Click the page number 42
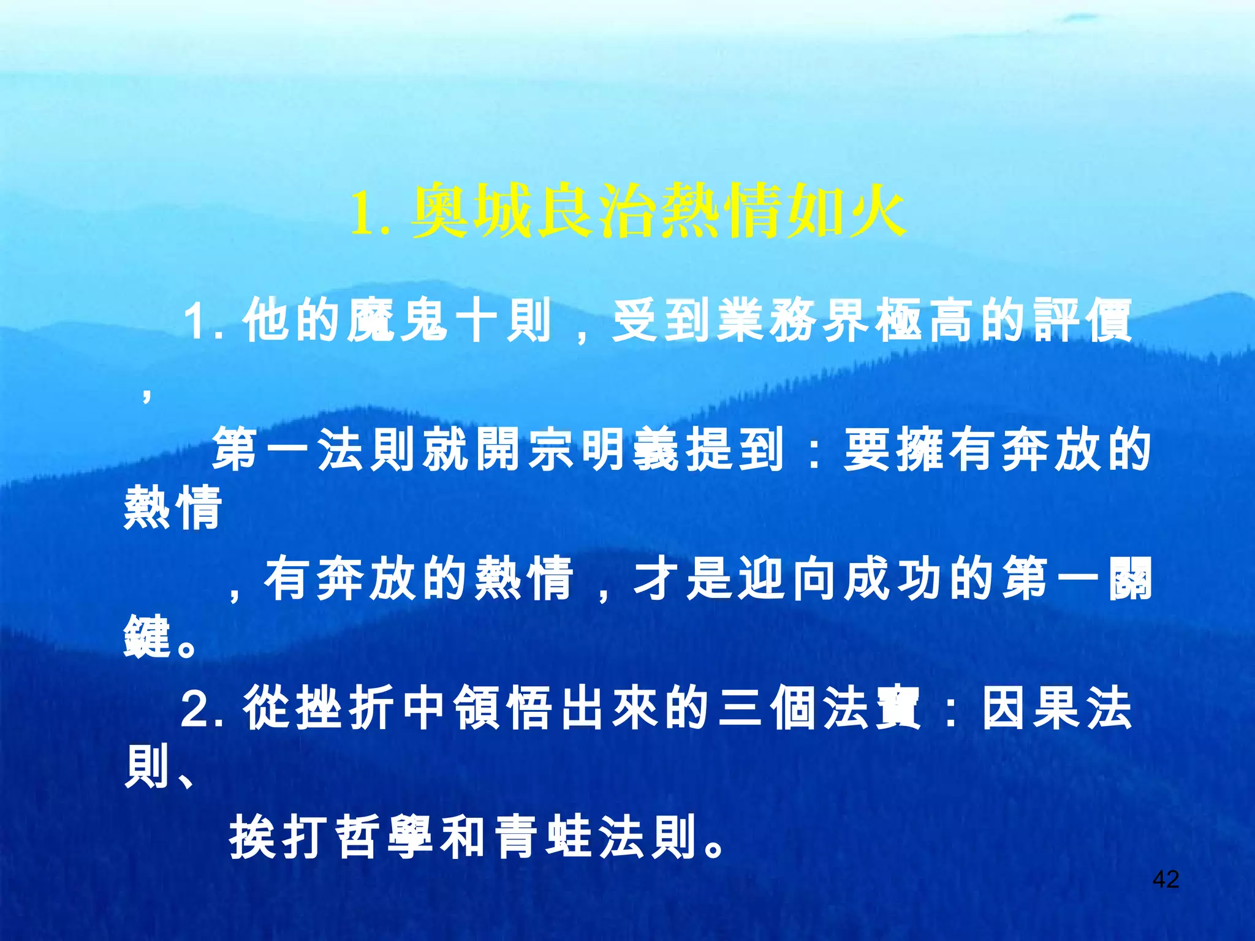point(1166,879)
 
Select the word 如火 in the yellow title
point(846,211)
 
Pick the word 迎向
point(764,578)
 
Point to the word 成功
point(870,578)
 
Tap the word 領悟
point(505,708)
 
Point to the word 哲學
point(387,837)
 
